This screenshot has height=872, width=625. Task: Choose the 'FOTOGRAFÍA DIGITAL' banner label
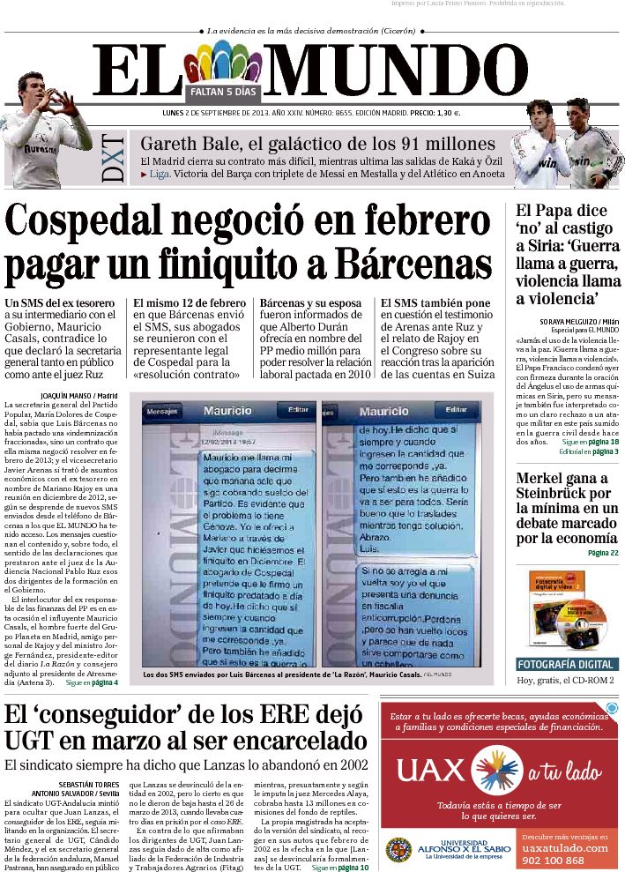click(x=567, y=664)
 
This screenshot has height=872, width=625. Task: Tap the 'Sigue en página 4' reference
click(x=92, y=682)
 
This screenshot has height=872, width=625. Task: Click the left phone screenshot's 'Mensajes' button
click(x=161, y=411)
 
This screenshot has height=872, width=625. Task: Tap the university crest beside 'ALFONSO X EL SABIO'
click(x=398, y=850)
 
